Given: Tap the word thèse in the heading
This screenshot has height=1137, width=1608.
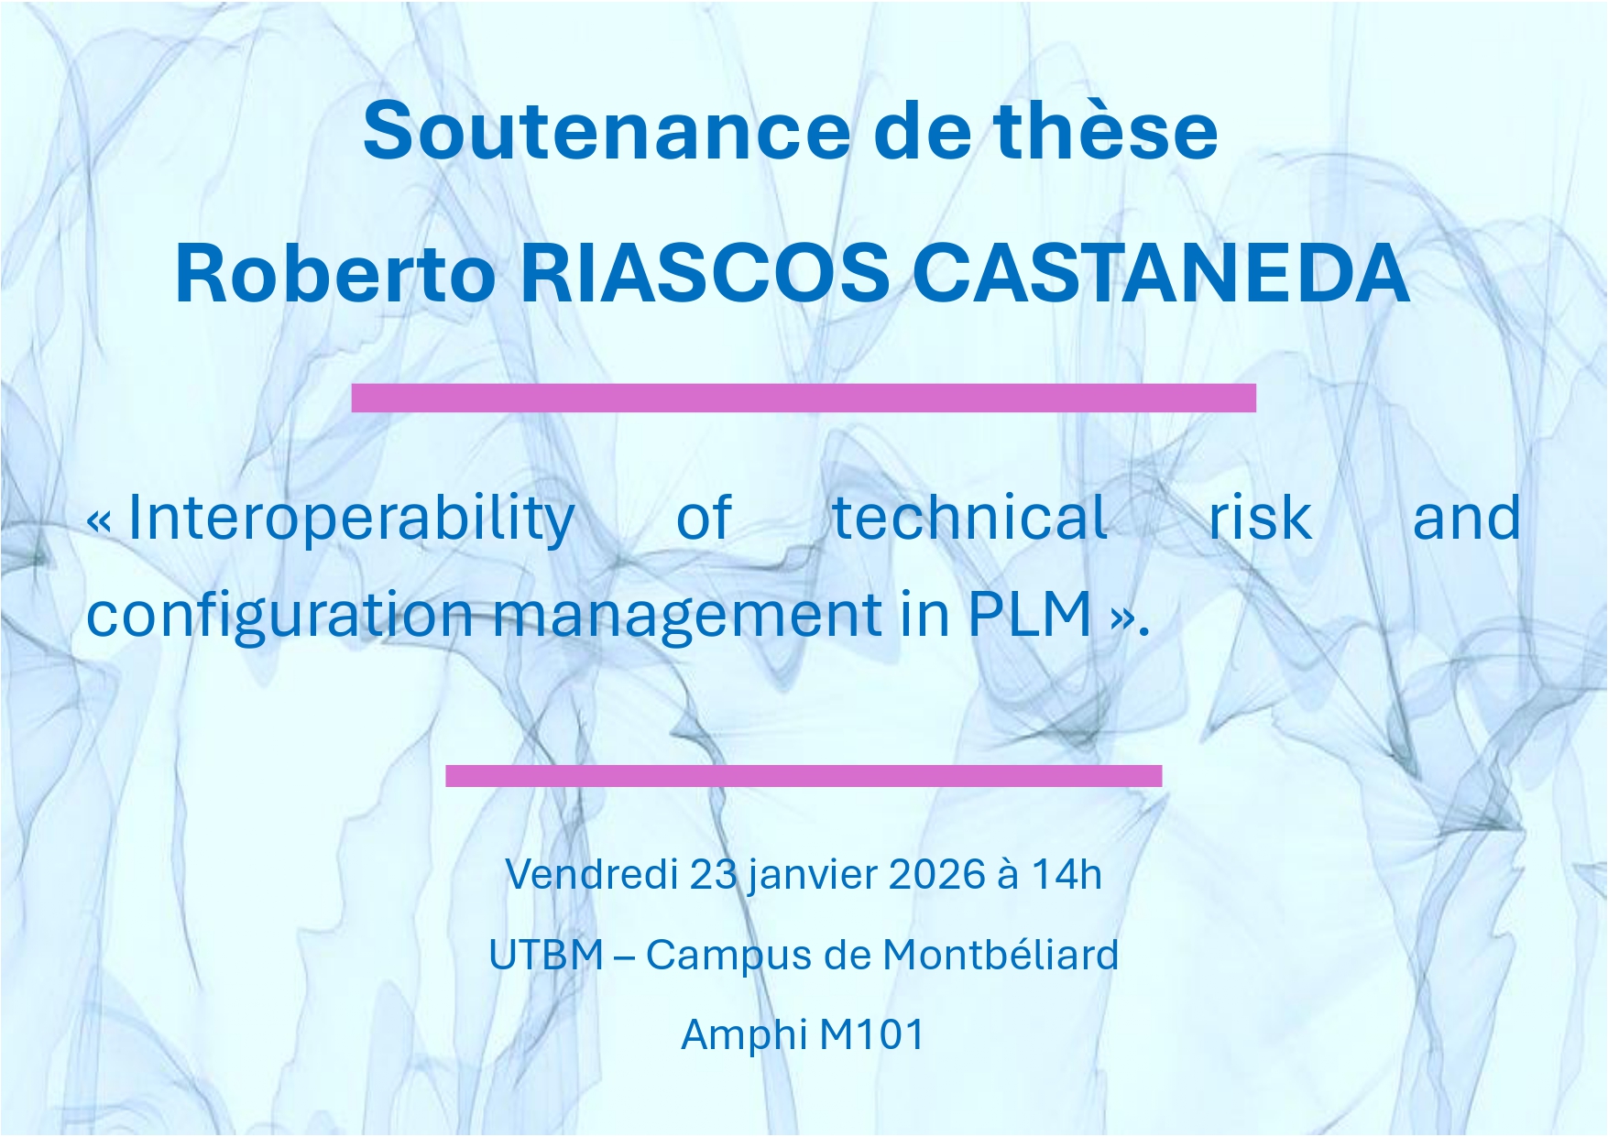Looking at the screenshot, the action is pyautogui.click(x=1106, y=130).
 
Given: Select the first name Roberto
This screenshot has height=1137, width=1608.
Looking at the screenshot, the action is pyautogui.click(x=335, y=272).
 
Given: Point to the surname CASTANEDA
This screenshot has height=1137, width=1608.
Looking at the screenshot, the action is pyautogui.click(x=1162, y=272).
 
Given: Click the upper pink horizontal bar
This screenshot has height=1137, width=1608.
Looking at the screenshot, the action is pyautogui.click(x=804, y=399).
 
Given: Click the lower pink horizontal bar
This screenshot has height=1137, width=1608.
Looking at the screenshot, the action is pyautogui.click(x=804, y=776).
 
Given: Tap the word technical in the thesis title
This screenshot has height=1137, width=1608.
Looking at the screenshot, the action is pyautogui.click(x=969, y=518).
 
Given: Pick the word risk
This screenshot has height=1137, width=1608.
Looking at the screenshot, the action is pyautogui.click(x=1260, y=518).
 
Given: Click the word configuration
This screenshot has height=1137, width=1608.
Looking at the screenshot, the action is pyautogui.click(x=279, y=616).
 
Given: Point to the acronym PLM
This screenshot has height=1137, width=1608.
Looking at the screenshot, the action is pyautogui.click(x=1030, y=614).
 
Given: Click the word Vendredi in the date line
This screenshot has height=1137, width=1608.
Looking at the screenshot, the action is pyautogui.click(x=591, y=874).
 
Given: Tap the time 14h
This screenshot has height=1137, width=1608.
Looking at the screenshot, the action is pyautogui.click(x=1067, y=874).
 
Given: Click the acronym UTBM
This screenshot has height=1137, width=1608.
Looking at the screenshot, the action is pyautogui.click(x=546, y=955).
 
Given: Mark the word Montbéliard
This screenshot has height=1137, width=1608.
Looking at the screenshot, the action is pyautogui.click(x=1001, y=955).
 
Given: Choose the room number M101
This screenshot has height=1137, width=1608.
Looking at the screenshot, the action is pyautogui.click(x=872, y=1034).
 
